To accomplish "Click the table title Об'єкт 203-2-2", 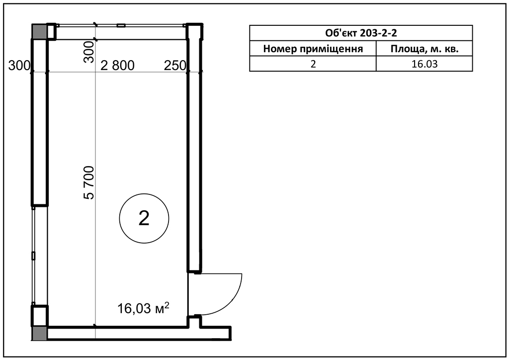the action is [x=361, y=33].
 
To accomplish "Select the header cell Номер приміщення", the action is [x=313, y=49].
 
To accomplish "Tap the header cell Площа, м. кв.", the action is [x=424, y=49].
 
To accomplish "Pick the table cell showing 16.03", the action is [x=424, y=64].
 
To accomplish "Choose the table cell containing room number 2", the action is [x=313, y=64].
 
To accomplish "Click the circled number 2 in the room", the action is [x=144, y=218].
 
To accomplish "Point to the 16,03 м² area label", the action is [x=143, y=308].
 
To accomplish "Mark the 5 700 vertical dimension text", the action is [x=89, y=182].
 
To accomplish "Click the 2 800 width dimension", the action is [x=117, y=66].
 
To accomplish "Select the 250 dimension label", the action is [x=175, y=66].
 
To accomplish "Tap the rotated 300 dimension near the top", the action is [x=89, y=52].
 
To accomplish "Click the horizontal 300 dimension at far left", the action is [x=19, y=66].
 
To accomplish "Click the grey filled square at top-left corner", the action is [x=39, y=31].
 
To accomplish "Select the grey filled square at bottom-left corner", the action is [x=39, y=333].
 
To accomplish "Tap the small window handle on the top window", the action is [x=121, y=25].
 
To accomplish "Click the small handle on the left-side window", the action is [x=33, y=256].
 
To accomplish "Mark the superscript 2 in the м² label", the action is [x=167, y=305].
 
